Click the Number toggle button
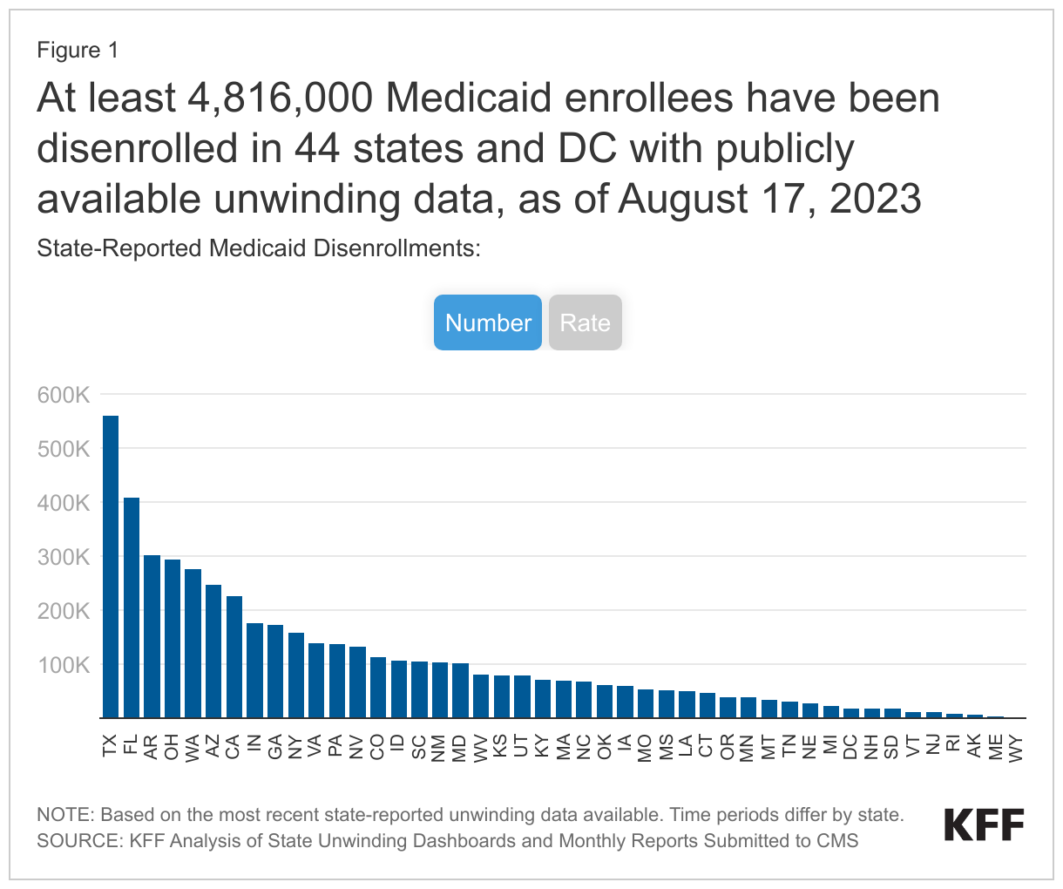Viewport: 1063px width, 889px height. point(488,322)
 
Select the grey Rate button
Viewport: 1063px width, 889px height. point(585,322)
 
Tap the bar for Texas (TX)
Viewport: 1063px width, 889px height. point(111,567)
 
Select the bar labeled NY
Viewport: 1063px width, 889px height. point(296,675)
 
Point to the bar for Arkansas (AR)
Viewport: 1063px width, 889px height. point(152,636)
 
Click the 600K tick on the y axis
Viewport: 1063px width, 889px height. point(64,395)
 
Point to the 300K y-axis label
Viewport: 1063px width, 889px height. point(64,557)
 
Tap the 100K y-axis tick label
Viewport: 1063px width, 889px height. point(64,665)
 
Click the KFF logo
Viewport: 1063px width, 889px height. point(984,825)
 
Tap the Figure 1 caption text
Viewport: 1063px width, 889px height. point(78,51)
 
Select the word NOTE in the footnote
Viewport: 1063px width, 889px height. point(64,815)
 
